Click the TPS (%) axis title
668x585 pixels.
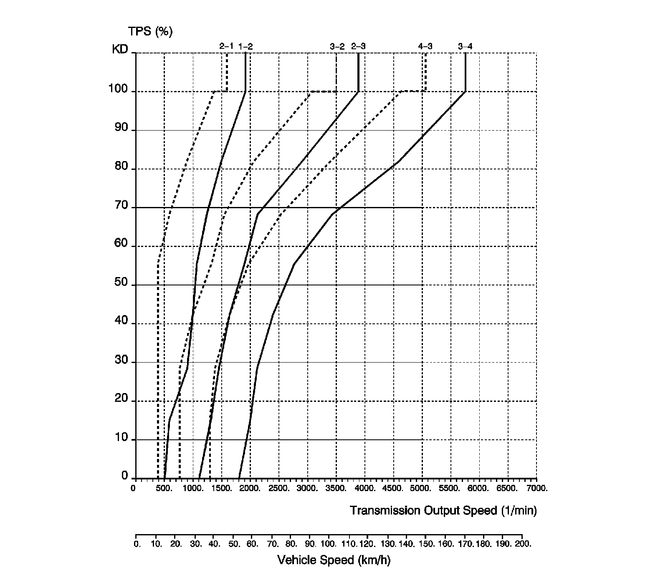tap(150, 31)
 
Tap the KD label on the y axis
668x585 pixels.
tap(120, 50)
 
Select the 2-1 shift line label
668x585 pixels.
tap(226, 46)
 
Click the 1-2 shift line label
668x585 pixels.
tap(245, 46)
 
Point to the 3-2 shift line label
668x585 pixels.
tap(337, 46)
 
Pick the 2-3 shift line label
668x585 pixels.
tap(358, 46)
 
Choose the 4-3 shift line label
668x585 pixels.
tap(425, 46)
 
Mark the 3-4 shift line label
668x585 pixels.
tap(465, 46)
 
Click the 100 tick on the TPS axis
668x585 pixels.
tap(118, 89)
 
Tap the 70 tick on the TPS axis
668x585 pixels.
tap(121, 205)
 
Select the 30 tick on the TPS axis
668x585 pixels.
tap(121, 360)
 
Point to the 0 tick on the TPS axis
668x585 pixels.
tap(124, 476)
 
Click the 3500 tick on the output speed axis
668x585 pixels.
tap(337, 488)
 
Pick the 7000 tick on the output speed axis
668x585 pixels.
tap(537, 488)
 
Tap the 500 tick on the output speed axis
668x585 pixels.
tap(164, 488)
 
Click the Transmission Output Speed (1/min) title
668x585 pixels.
tap(443, 510)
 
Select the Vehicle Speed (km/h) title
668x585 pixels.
tap(334, 560)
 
